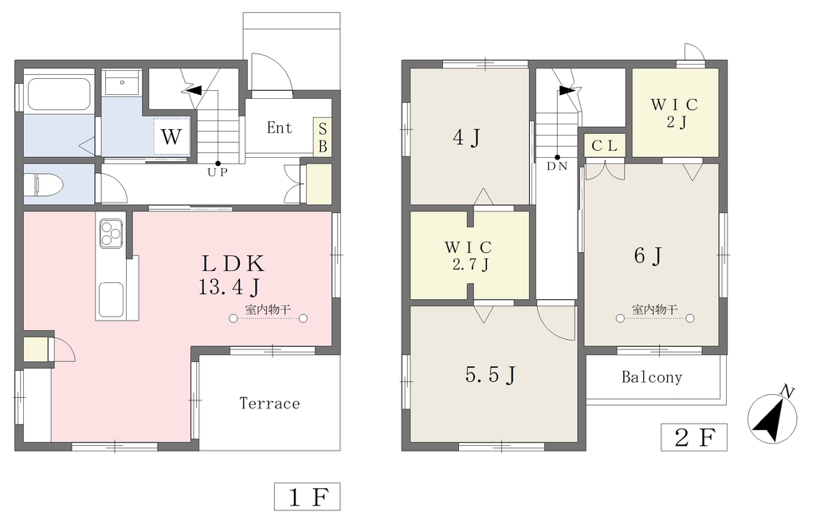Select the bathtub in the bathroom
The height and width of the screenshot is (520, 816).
[x=59, y=94]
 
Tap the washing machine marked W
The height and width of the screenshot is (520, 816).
[x=172, y=136]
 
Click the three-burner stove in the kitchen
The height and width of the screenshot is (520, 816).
[x=112, y=233]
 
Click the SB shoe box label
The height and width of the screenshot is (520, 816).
[x=323, y=137]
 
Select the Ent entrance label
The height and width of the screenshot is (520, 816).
[x=280, y=128]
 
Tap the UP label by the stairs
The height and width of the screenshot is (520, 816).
[x=218, y=172]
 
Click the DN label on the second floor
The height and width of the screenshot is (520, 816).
[x=557, y=167]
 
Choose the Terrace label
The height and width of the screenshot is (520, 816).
[x=269, y=404]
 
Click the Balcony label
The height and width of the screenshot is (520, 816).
[x=652, y=376]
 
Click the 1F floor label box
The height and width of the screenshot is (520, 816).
[x=307, y=497]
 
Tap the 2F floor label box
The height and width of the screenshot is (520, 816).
[x=694, y=437]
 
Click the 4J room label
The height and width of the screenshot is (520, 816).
[x=466, y=138]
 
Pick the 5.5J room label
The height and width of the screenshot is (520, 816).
[x=491, y=375]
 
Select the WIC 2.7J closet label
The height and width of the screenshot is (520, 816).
[x=469, y=255]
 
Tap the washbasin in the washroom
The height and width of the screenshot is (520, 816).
[x=122, y=82]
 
